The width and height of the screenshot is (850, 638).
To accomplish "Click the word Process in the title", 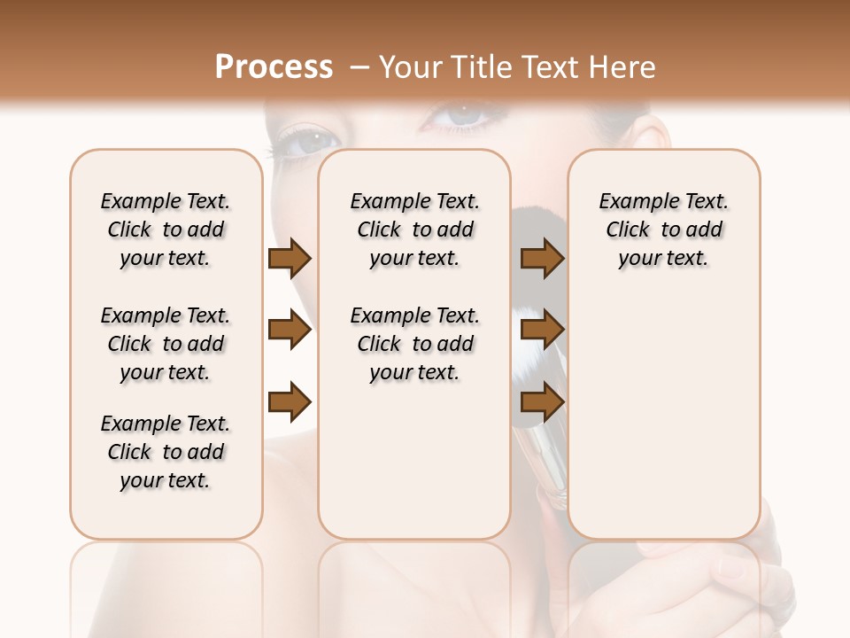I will (x=274, y=66).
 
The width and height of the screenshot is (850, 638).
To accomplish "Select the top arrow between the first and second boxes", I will (x=290, y=259).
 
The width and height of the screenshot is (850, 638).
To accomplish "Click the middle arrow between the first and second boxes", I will (x=290, y=331).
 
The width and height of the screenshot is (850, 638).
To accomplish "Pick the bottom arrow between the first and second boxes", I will (x=290, y=402).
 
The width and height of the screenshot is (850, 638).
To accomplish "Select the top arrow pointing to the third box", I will (x=542, y=259).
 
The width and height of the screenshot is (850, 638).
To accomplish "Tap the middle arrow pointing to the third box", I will (x=542, y=331).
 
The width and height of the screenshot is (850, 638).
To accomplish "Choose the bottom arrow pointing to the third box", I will (x=542, y=402).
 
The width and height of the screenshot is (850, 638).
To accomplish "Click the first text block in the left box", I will (x=166, y=230).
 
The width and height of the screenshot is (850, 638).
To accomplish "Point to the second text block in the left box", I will (x=166, y=344).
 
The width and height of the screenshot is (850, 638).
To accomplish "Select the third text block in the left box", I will (x=166, y=452).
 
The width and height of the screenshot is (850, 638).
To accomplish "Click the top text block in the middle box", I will (x=414, y=230).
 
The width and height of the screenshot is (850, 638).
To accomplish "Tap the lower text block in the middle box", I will (x=414, y=344).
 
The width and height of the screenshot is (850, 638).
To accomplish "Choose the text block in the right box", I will (x=664, y=230).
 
